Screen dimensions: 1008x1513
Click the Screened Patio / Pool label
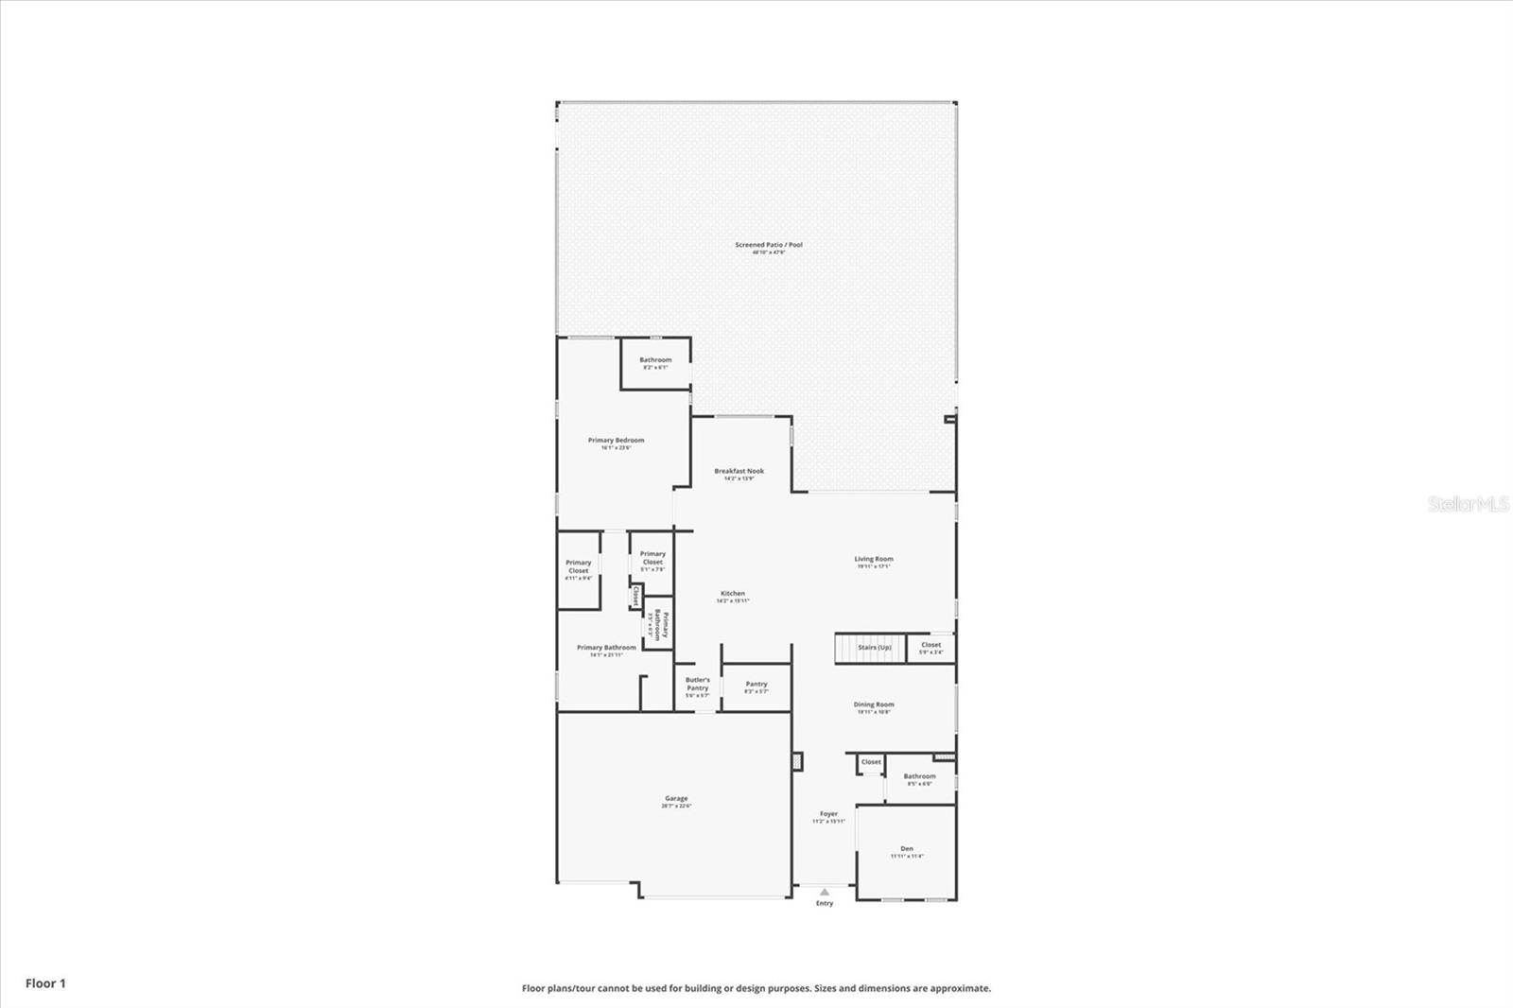[769, 246]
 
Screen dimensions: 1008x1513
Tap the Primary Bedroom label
[616, 441]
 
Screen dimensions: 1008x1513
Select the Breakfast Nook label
[739, 471]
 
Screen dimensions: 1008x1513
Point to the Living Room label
[873, 560]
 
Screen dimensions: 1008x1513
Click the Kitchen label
[733, 594]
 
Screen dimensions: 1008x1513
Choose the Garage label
[675, 799]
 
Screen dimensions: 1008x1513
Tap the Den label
[907, 849]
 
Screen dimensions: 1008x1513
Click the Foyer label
[828, 814]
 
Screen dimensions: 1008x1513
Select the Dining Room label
[873, 704]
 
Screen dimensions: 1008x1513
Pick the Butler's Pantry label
[698, 684]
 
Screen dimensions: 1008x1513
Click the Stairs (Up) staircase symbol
[855, 648]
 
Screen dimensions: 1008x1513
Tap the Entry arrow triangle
[825, 892]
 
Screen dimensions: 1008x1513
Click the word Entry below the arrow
[825, 904]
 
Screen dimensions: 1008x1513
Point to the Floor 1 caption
[45, 983]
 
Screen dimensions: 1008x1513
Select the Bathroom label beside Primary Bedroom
[655, 360]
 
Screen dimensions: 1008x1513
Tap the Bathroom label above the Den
[919, 776]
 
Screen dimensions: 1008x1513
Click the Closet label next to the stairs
[930, 645]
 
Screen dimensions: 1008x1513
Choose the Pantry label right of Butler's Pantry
[756, 684]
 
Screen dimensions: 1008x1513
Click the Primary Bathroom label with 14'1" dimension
[606, 648]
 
